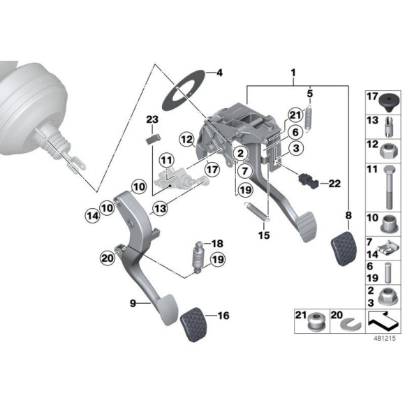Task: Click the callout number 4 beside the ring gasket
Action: click(x=219, y=73)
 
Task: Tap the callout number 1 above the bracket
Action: click(x=294, y=72)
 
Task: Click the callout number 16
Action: click(x=223, y=316)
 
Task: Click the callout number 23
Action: click(x=153, y=119)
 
